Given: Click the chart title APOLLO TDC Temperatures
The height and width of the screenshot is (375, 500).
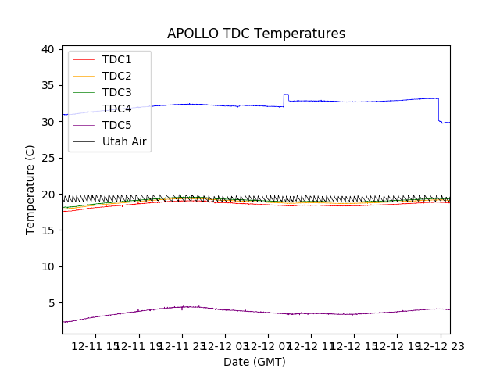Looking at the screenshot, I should [255, 34].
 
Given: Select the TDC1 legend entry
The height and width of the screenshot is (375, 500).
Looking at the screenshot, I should [116, 59].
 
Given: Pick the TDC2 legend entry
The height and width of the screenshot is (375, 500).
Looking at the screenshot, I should [116, 76].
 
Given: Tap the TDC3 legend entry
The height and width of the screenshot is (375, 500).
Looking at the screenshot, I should [116, 92].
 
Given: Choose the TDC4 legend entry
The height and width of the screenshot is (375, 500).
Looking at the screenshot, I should [116, 109].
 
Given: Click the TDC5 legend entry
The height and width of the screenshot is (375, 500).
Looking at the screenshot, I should [116, 125].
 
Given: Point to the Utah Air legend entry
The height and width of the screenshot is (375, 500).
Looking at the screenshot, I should [124, 141].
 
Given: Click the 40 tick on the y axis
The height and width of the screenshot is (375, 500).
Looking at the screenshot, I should [48, 49].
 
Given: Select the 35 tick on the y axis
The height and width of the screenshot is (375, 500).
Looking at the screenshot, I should [48, 85].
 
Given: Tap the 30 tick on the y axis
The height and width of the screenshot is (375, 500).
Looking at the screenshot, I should [48, 122].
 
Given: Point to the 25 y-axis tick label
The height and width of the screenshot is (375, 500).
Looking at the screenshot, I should [48, 158].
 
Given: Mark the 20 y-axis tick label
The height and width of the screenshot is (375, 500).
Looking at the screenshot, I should [48, 194].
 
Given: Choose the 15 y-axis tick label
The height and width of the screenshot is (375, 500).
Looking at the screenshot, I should [48, 230].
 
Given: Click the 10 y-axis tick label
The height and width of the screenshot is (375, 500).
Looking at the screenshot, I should [48, 266].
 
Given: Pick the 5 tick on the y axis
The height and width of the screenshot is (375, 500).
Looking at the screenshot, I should [51, 302].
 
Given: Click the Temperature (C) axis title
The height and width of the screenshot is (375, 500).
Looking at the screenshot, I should [30, 189].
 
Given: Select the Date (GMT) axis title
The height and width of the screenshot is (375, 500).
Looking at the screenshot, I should [255, 362].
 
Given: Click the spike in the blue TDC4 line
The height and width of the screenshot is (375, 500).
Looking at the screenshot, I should [286, 95].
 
